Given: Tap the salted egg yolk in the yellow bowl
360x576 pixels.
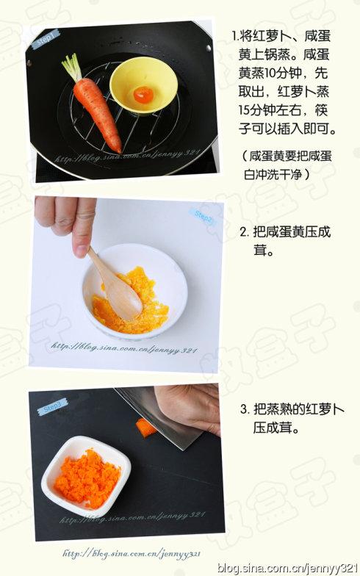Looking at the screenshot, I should point(143,95).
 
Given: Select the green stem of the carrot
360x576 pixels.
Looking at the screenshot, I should point(72,68).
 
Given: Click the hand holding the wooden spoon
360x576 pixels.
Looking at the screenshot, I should point(68,220).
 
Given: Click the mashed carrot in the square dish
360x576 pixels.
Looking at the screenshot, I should point(87,478).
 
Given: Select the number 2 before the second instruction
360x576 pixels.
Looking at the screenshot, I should point(245,232).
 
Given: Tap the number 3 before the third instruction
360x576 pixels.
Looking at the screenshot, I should point(245,408).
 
